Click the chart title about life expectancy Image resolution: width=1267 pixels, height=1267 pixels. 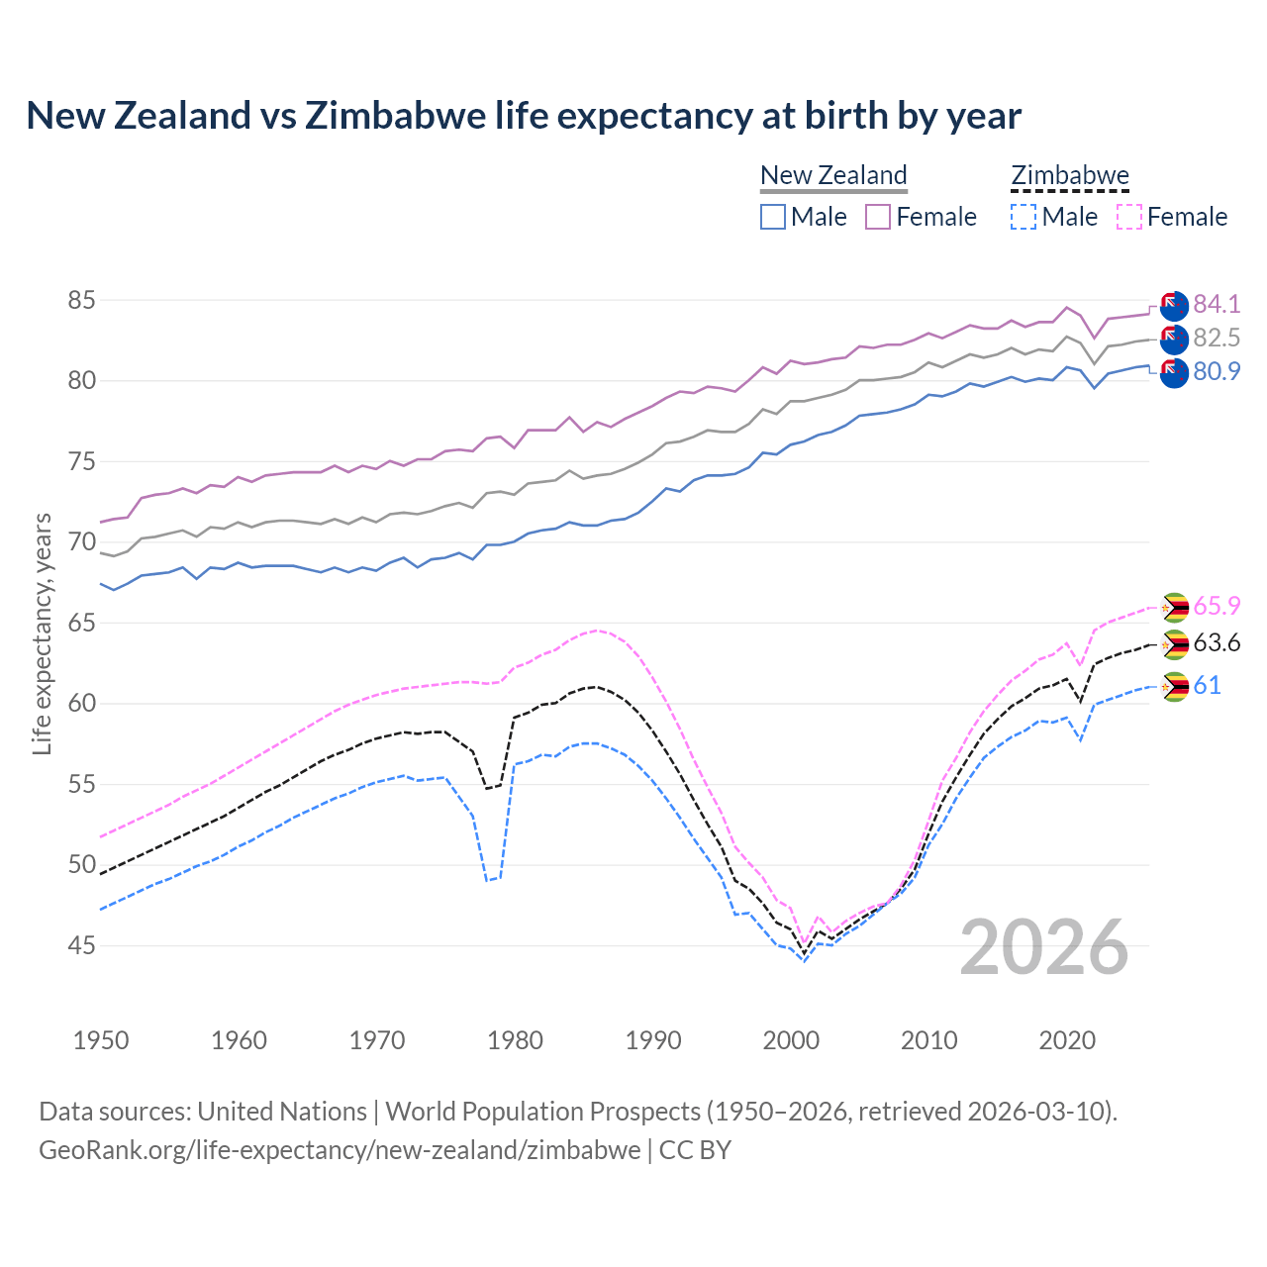pos(524,116)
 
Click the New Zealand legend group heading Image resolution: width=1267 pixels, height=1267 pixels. pos(833,175)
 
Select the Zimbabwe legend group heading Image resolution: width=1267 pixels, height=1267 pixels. pos(1069,175)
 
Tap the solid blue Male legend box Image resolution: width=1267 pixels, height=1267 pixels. pos(773,217)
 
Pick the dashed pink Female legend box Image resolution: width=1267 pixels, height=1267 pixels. pos(1129,217)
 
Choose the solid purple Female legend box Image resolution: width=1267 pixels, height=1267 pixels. pos(878,217)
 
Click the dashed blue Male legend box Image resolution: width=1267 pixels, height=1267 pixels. pos(1023,217)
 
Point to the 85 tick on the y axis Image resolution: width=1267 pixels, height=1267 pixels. pos(81,300)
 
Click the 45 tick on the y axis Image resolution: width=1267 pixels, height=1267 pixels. pos(81,946)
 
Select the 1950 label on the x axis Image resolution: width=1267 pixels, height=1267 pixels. pos(101,1040)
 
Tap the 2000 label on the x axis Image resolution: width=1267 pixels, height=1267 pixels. pos(791,1040)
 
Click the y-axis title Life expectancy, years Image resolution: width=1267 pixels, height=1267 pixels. pos(42,633)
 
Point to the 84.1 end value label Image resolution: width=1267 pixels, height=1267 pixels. pos(1217,304)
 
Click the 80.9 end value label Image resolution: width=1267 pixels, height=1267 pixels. pos(1217,371)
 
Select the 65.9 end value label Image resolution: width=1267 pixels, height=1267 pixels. pos(1217,606)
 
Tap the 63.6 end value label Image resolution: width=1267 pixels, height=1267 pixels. pos(1217,643)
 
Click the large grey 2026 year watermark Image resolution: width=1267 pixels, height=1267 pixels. pos(1044,947)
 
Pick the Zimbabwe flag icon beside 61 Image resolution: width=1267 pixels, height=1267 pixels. pos(1174,687)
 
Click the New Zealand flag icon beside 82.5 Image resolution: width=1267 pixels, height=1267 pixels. pos(1174,339)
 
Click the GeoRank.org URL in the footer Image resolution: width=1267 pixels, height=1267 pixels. pos(340,1150)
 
